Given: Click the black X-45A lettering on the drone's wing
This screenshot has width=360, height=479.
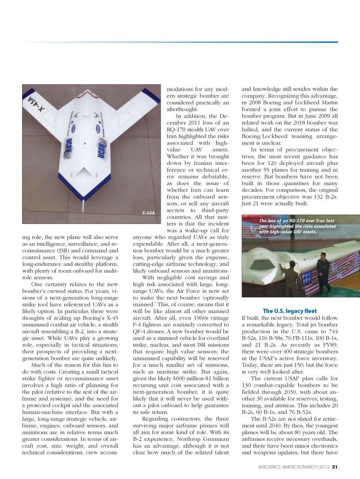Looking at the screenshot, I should (36, 104).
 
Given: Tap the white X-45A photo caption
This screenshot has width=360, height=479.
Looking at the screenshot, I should (148, 213).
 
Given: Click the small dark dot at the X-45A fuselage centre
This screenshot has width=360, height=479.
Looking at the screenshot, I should (85, 144).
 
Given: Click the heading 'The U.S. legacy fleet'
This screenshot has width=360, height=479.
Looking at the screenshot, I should (289, 311).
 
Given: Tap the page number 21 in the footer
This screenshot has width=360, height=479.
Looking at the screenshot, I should (335, 467).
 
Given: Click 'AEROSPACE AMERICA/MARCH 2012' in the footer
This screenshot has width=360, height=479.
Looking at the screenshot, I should (294, 467).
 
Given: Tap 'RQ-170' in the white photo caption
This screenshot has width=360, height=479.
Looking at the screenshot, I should (297, 221).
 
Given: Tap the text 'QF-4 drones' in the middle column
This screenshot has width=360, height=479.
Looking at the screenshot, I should (150, 331).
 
